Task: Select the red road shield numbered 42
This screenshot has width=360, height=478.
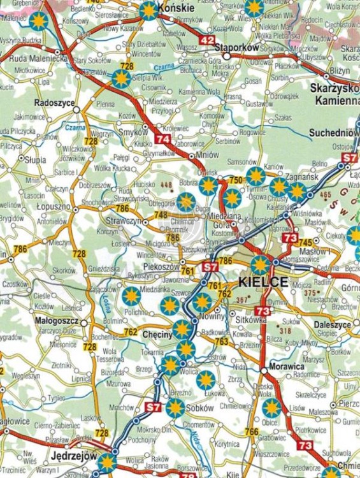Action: [x=207, y=40]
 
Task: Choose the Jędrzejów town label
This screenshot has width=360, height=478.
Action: [x=74, y=456]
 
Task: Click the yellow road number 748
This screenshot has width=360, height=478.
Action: [x=161, y=215]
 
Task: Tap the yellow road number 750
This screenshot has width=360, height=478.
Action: [x=235, y=180]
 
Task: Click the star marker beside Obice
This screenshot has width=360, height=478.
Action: [x=271, y=408]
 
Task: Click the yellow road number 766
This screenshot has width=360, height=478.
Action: [x=252, y=431]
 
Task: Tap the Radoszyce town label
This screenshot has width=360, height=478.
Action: [x=55, y=102]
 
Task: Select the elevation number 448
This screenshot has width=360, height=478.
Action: [x=167, y=185]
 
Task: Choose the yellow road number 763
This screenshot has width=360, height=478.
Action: [x=221, y=342]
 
